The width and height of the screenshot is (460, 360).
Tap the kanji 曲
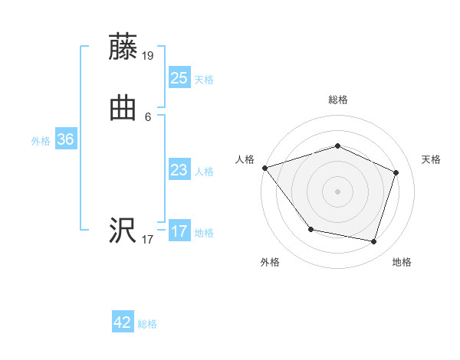[x=123, y=108]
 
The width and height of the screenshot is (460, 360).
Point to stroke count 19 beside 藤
[x=148, y=56]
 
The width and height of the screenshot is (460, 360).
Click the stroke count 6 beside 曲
[x=148, y=117]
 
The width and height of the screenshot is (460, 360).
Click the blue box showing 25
[x=179, y=77]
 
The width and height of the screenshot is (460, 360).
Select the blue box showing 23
[x=179, y=169]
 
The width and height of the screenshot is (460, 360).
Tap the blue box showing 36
[x=65, y=139]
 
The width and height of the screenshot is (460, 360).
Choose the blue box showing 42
[x=123, y=322]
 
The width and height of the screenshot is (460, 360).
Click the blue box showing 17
[x=179, y=231]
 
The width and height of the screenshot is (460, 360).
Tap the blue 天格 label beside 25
[x=204, y=80]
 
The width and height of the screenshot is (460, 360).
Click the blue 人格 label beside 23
[x=204, y=172]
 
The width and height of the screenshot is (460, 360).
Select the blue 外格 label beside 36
[x=41, y=141]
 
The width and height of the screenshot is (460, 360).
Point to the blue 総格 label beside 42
[x=147, y=325]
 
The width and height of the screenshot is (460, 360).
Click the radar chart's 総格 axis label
[x=338, y=100]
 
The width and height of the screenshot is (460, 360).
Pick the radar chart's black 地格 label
[x=402, y=263]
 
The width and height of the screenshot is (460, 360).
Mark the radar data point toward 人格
[x=264, y=168]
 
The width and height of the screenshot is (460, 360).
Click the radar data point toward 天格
[x=396, y=172]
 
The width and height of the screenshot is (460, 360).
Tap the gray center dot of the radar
[x=338, y=191]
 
